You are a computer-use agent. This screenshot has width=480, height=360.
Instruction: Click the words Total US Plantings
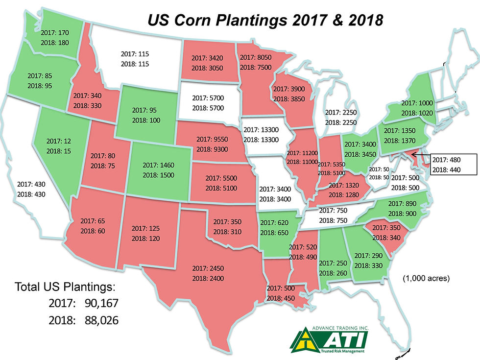click(65, 287)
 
